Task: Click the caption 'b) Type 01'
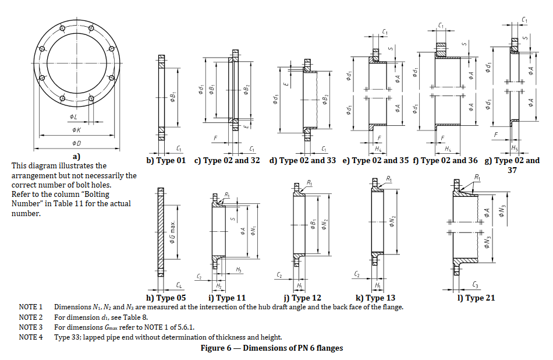coord(165,160)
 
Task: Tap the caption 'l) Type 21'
coord(477,298)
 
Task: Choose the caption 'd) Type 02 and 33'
coord(303,160)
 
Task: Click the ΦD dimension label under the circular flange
coord(77,142)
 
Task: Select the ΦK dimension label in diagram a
coord(76,130)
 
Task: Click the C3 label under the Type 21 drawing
coord(476,285)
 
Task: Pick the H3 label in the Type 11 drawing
coord(239,270)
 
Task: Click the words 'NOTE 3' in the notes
coord(31,327)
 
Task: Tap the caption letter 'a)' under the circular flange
coord(76,156)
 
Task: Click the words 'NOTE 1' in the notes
coord(31,306)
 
